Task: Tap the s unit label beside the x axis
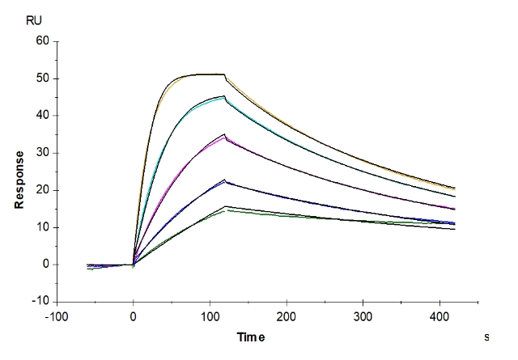[x=486, y=334]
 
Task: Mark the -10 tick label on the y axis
[x=40, y=302]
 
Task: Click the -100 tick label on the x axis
[x=57, y=318]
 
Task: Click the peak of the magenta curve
[x=224, y=136]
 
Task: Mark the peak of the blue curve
[x=225, y=182]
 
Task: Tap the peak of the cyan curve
[x=224, y=97]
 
